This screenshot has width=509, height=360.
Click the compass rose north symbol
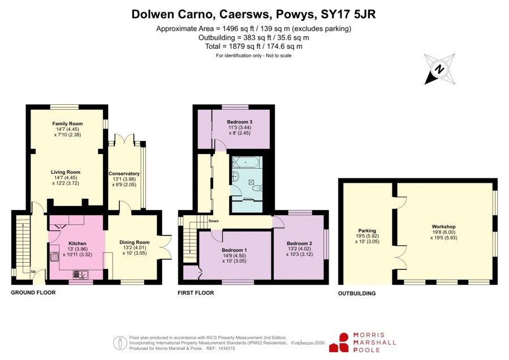439,69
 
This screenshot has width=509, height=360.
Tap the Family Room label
67,123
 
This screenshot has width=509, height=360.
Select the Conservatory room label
124,174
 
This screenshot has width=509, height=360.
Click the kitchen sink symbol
80,275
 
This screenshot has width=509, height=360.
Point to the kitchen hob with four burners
54,257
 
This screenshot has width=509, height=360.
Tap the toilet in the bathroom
257,188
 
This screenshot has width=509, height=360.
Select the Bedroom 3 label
240,122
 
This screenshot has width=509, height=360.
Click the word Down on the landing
214,221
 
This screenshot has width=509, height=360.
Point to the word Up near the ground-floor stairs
33,271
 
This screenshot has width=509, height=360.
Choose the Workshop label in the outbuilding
443,226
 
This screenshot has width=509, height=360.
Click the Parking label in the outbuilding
367,231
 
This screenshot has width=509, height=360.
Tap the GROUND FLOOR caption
33,293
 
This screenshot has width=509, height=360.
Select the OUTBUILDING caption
357,293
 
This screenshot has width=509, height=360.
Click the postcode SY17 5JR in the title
348,14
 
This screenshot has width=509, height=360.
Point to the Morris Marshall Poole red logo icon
339,342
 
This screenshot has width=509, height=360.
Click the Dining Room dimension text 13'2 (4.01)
135,247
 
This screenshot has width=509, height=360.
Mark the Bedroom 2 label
299,243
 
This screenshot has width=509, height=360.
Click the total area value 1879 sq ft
238,46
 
